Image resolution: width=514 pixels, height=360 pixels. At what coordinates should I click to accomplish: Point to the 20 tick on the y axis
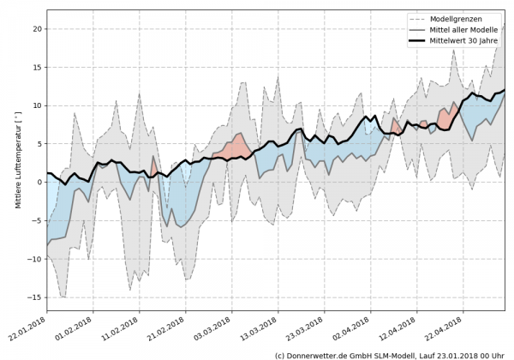(x=35, y=28)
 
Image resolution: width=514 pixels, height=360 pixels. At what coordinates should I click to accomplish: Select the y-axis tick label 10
(x=35, y=105)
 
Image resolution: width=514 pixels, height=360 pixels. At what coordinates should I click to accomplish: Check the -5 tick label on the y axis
(x=37, y=220)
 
